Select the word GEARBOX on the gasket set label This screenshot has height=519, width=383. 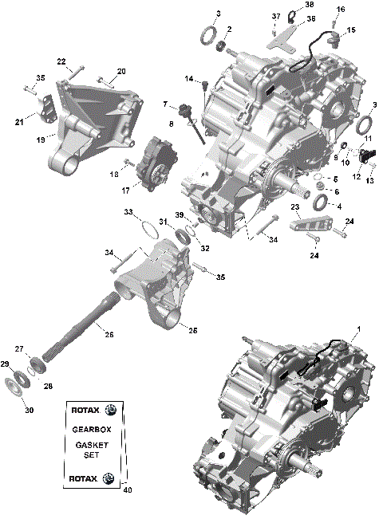click(x=91, y=428)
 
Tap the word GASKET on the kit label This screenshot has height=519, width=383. click(x=91, y=444)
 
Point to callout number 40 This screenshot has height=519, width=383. click(x=126, y=490)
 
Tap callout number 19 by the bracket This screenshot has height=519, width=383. click(x=41, y=139)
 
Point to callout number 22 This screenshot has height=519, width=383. click(x=61, y=61)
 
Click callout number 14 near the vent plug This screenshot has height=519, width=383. click(x=190, y=78)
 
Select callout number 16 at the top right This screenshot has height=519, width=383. click(x=341, y=9)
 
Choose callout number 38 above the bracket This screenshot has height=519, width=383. click(x=310, y=4)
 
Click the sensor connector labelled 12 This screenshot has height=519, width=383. click(x=368, y=155)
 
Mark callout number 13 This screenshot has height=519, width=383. click(x=369, y=182)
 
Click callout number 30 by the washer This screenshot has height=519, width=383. click(x=29, y=411)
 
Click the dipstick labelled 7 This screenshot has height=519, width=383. click(x=190, y=112)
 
